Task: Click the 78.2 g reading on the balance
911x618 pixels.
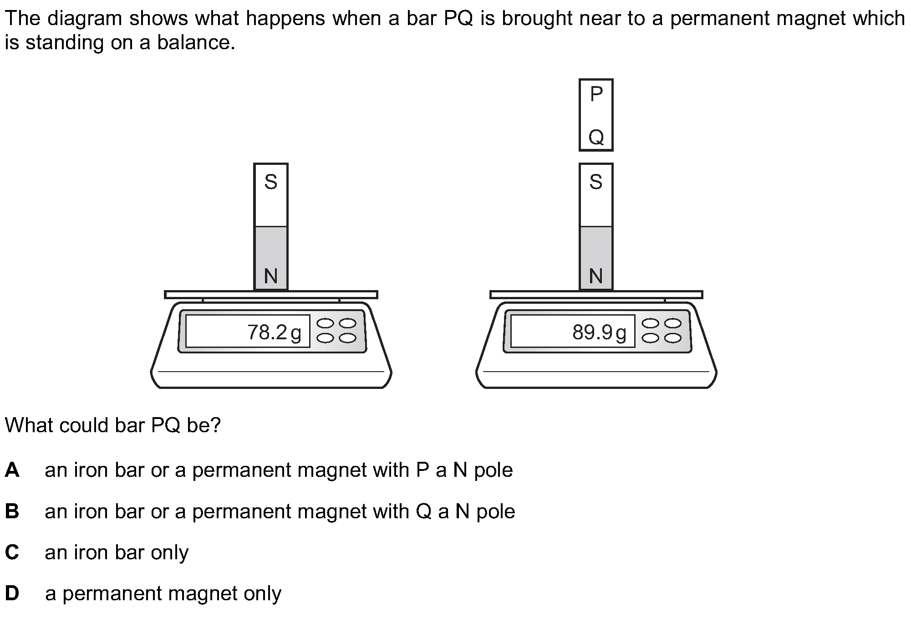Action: click(274, 332)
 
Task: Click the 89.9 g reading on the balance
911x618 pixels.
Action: click(599, 332)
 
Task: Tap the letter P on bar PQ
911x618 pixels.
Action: click(596, 94)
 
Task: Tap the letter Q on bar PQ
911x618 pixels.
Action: click(596, 137)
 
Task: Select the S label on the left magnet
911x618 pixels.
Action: click(270, 182)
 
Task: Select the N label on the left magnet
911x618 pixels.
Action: click(270, 276)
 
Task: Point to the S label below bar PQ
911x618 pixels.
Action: click(596, 182)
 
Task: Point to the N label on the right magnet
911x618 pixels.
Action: click(596, 276)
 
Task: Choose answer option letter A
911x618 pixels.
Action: click(12, 470)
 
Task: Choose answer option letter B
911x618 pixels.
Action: click(12, 511)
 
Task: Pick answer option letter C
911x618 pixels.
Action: click(12, 552)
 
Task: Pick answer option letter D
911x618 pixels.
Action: click(12, 593)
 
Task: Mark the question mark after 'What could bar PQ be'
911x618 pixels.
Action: click(216, 425)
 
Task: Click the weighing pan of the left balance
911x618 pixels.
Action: click(271, 295)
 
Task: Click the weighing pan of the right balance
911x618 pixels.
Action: click(596, 295)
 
